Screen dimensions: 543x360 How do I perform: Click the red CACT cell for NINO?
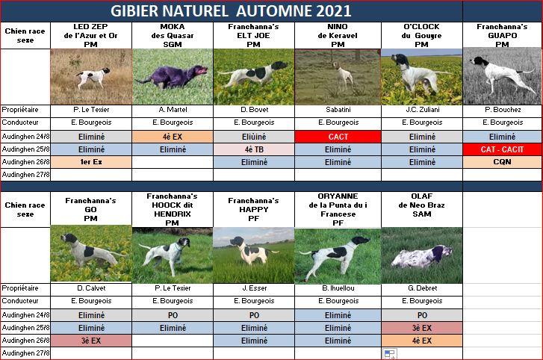[x=338, y=137]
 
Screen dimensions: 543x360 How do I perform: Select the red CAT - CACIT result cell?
[x=502, y=149]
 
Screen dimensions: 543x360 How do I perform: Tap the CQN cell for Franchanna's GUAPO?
[x=502, y=162]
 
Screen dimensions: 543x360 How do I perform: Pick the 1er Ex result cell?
[x=91, y=162]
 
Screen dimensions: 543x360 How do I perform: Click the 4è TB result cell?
[x=254, y=149]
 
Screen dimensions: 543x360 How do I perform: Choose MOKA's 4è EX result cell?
[x=173, y=137]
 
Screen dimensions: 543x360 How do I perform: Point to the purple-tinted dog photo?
[x=173, y=77]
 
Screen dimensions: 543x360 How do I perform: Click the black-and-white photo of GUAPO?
[x=502, y=76]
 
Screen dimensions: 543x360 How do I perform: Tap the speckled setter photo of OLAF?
[x=422, y=255]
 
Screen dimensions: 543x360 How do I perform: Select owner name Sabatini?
[x=338, y=110]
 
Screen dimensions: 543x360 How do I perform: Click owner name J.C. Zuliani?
[x=423, y=110]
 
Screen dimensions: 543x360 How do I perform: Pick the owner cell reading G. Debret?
[x=422, y=288]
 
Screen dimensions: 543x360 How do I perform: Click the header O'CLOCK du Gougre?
[x=421, y=35]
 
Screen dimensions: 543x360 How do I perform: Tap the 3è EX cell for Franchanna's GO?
[x=91, y=341]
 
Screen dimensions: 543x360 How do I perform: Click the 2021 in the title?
[x=333, y=11]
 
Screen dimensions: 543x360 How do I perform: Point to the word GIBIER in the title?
[x=134, y=11]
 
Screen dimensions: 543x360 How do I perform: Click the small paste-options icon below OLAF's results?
[x=390, y=354]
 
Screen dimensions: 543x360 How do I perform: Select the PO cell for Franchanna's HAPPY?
[x=254, y=315]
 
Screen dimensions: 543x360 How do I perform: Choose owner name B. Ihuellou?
[x=338, y=288]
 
